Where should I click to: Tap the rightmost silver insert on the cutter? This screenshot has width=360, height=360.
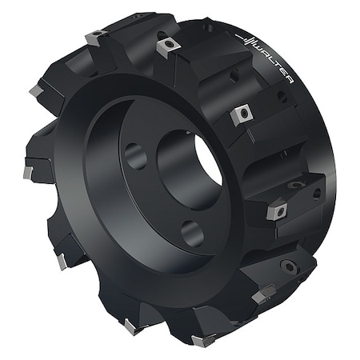click(x=278, y=210)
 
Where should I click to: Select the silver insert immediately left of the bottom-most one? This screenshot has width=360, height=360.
click(x=130, y=326)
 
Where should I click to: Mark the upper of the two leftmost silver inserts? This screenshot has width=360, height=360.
click(x=36, y=91)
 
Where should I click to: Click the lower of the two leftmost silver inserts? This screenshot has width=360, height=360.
click(x=28, y=171)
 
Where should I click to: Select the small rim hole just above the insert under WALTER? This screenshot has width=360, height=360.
click(x=232, y=78)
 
